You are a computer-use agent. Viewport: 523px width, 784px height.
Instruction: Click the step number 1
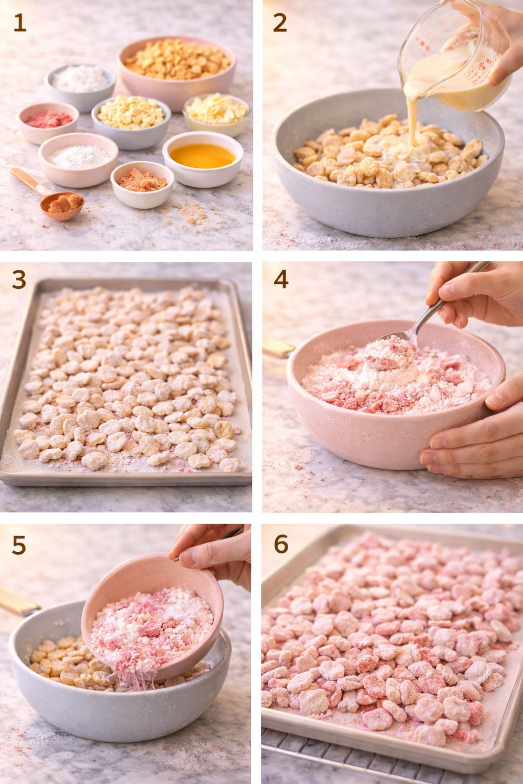19,23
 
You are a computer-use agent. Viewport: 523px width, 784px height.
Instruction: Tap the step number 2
280,23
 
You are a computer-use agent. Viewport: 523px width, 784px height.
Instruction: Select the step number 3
19,280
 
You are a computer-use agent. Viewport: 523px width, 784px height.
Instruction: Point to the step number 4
281,279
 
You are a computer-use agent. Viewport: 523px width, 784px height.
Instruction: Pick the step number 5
19,545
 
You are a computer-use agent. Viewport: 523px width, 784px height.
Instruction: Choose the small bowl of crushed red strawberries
48,121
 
